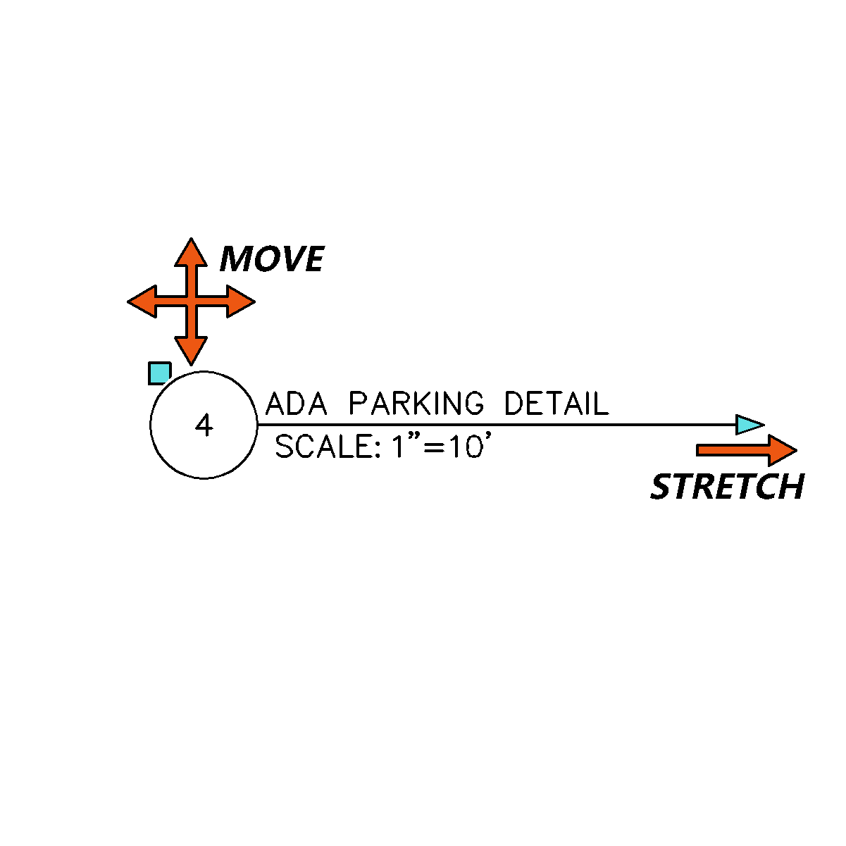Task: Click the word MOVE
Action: pyautogui.click(x=272, y=259)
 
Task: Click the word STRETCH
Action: pyautogui.click(x=728, y=487)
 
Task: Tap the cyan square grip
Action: pyautogui.click(x=159, y=373)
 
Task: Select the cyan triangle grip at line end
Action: pyautogui.click(x=749, y=425)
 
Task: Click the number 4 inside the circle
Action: pyautogui.click(x=204, y=425)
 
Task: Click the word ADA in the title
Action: pyautogui.click(x=297, y=404)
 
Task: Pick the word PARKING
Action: pyautogui.click(x=416, y=403)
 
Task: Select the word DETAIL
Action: pyautogui.click(x=556, y=404)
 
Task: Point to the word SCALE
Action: pyautogui.click(x=324, y=446)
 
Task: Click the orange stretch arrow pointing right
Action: pyautogui.click(x=747, y=450)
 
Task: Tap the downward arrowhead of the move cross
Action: pyautogui.click(x=191, y=351)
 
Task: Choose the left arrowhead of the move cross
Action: pyautogui.click(x=142, y=301)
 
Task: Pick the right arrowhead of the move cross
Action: pyautogui.click(x=241, y=301)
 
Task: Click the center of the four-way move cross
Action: pyautogui.click(x=192, y=301)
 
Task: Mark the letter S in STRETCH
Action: pyautogui.click(x=661, y=487)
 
